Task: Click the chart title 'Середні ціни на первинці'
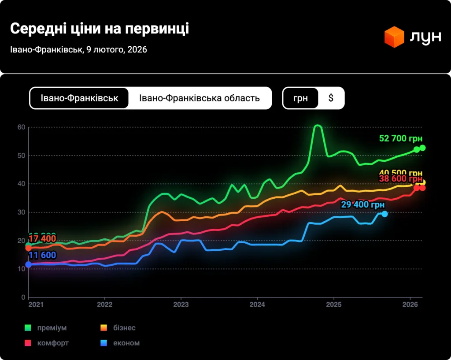99,29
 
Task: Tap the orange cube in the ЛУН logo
394,37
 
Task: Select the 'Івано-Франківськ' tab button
79,98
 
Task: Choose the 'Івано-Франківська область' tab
200,98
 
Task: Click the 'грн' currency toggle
301,98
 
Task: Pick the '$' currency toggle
331,98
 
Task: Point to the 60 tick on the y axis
21,127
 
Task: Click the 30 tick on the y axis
21,212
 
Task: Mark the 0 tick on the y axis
23,297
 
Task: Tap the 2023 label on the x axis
181,304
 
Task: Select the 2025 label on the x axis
334,304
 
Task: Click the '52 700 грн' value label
400,139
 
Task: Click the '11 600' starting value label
42,255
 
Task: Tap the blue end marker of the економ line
384,214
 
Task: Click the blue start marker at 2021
29,264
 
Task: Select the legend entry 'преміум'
52,328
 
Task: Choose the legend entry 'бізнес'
124,328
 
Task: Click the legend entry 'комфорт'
53,343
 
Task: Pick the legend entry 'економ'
126,343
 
